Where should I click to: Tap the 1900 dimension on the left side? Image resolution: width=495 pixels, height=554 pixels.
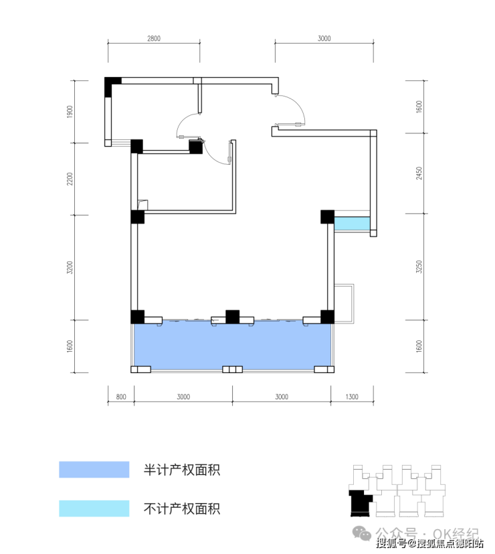[70, 111]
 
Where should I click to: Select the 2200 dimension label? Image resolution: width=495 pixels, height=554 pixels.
[70, 179]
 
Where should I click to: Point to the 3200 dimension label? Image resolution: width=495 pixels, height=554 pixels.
[70, 267]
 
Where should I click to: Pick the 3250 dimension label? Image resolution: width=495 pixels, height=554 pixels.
[419, 267]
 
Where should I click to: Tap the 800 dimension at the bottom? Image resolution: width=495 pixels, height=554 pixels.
[121, 397]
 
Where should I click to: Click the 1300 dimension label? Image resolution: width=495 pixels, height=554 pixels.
[352, 397]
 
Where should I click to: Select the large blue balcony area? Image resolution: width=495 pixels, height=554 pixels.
[233, 346]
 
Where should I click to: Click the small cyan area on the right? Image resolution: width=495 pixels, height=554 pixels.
[352, 224]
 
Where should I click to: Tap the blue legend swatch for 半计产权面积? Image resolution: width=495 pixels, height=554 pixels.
[94, 470]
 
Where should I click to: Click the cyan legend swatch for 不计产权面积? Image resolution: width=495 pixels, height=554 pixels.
[94, 508]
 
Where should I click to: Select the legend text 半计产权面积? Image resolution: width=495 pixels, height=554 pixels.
[182, 470]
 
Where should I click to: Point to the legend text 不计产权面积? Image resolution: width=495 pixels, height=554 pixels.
[182, 508]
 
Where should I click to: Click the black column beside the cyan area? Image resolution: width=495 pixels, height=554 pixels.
[327, 216]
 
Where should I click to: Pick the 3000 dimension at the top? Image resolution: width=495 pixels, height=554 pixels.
[324, 38]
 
